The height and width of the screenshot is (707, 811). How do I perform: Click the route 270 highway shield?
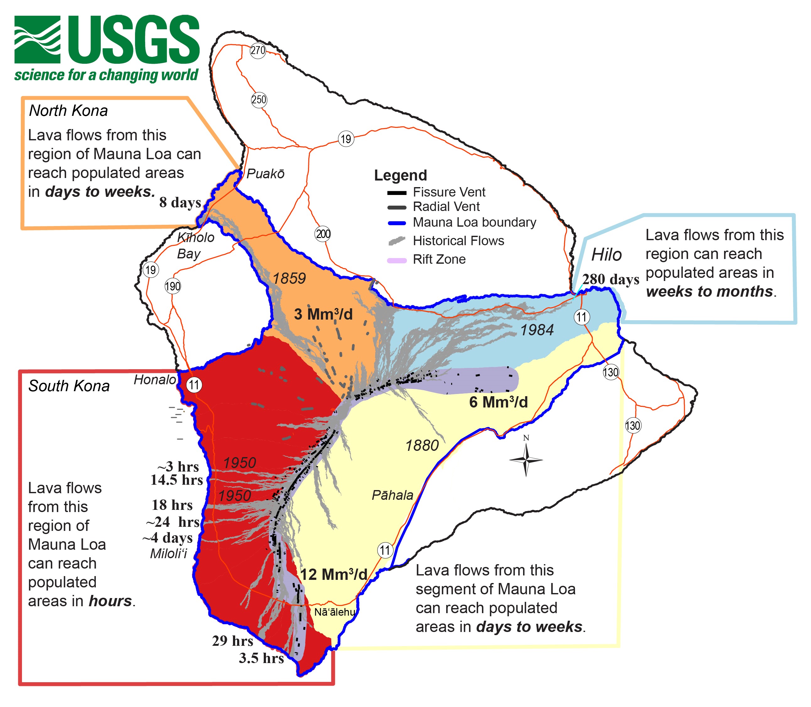pyautogui.click(x=258, y=51)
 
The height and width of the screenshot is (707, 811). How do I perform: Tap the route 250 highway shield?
pyautogui.click(x=259, y=100)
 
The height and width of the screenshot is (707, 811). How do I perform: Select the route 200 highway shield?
pyautogui.click(x=323, y=234)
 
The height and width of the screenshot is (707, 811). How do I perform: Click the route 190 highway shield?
pyautogui.click(x=172, y=286)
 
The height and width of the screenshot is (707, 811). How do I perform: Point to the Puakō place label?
pyautogui.click(x=265, y=174)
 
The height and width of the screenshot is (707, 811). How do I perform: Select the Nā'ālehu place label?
pyautogui.click(x=335, y=612)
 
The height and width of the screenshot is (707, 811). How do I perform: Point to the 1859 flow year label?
pyautogui.click(x=289, y=278)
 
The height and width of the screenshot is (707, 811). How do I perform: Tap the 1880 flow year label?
pyautogui.click(x=422, y=445)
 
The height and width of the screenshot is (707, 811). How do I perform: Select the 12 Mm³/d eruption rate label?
pyautogui.click(x=333, y=575)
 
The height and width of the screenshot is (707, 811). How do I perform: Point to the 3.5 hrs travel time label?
pyautogui.click(x=261, y=658)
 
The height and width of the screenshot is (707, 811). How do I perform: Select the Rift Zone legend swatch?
pyautogui.click(x=397, y=260)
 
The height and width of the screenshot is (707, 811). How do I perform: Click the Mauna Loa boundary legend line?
pyautogui.click(x=397, y=223)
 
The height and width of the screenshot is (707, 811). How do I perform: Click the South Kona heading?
pyautogui.click(x=69, y=386)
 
